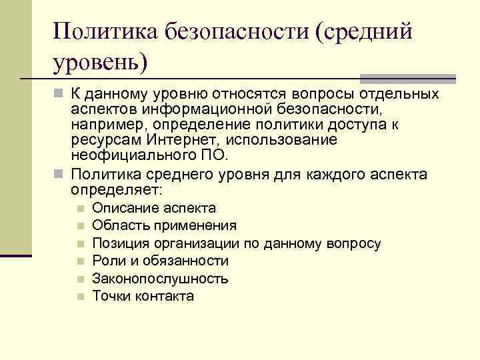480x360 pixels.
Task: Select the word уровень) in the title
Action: tap(99, 63)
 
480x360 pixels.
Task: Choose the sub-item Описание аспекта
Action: tap(154, 208)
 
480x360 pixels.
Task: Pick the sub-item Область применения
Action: tap(164, 225)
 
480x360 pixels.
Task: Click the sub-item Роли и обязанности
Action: tap(160, 261)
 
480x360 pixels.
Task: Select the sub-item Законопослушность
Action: tap(160, 279)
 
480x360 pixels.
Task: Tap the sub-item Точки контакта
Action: tap(143, 296)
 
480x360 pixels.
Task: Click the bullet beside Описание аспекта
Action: tap(80, 209)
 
